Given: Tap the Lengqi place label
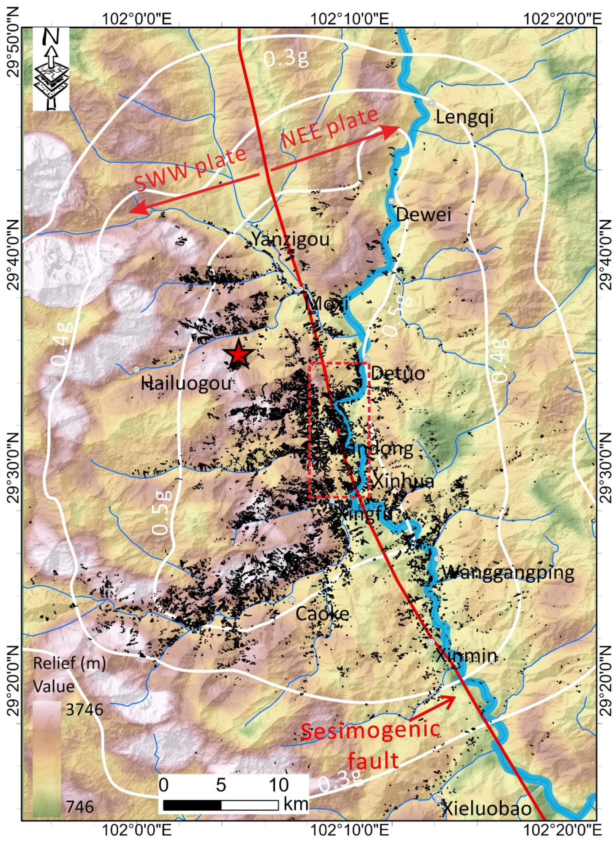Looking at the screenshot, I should click(465, 118).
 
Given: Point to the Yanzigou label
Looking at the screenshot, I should click(291, 239).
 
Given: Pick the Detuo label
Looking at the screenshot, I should click(397, 373).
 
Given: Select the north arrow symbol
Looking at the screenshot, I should click(51, 69).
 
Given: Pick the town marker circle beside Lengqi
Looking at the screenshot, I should click(431, 103).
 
